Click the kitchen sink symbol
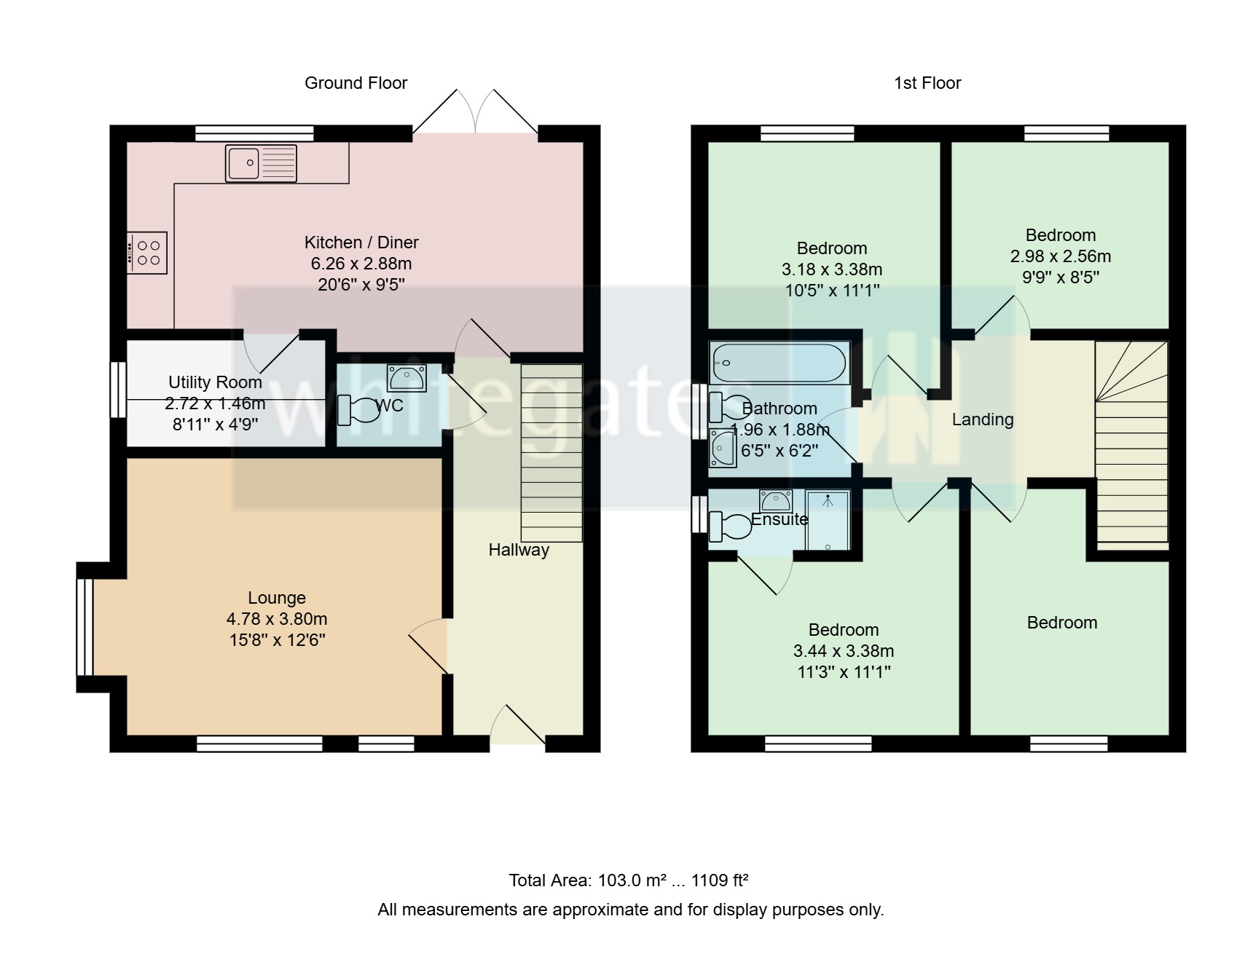coord(261,162)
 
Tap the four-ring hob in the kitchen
coord(148,253)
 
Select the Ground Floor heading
coord(356,83)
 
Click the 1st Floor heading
coord(927,83)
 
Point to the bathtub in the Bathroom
coord(779,363)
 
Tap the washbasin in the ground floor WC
coord(406,378)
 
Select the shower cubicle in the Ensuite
coord(828,521)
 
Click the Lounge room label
coord(277,598)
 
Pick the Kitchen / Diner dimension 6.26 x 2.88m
coord(361,264)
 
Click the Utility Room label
coord(215,382)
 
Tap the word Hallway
coord(519,550)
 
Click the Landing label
coord(982,419)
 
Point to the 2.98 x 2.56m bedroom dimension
coord(1060,256)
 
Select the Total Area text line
coord(629,880)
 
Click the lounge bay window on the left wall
coord(85,627)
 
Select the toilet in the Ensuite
coord(728,527)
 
